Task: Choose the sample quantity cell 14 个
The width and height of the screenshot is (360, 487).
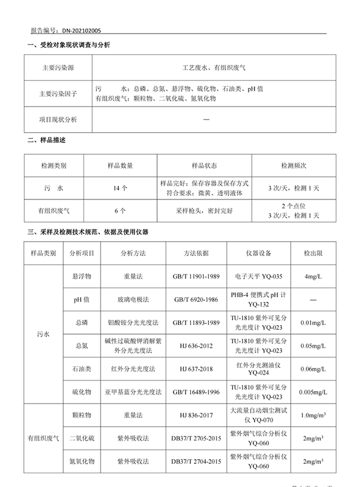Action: pos(120,188)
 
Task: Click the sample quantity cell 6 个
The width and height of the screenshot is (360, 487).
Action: pos(120,210)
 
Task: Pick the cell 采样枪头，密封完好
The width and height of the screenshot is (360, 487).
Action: pos(196,210)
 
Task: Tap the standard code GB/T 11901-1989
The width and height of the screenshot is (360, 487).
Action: pos(196,276)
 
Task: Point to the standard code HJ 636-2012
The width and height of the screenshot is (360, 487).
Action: pos(196,345)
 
